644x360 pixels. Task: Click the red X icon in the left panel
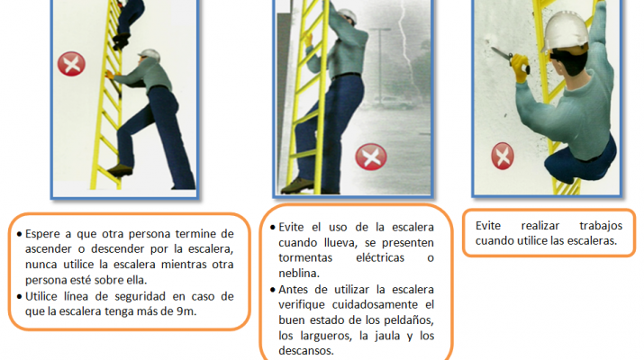click(x=71, y=64)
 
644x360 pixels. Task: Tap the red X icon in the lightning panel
click(x=371, y=157)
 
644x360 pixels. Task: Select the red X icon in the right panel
click(x=503, y=156)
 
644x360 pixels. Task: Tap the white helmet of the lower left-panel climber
click(x=150, y=55)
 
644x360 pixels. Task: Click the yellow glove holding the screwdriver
click(x=520, y=67)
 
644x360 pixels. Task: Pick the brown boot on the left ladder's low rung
click(x=120, y=170)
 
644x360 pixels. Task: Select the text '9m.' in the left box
click(x=186, y=311)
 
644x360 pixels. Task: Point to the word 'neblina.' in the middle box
click(x=299, y=273)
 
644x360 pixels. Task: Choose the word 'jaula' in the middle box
click(x=388, y=336)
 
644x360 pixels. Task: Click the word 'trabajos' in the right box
click(x=601, y=226)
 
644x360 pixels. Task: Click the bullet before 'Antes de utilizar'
click(x=273, y=290)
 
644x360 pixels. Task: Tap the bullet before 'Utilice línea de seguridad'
click(x=19, y=296)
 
